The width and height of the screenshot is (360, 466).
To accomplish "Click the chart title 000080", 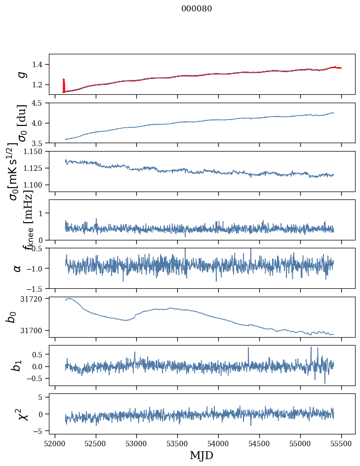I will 197,9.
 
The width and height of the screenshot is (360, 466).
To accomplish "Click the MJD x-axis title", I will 201,455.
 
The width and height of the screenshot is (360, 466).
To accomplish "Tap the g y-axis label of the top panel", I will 21,74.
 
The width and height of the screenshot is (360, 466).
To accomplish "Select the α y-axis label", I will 17,268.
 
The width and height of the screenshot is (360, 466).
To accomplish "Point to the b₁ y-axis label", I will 17,365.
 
